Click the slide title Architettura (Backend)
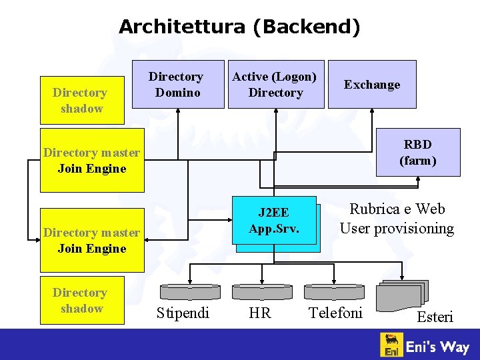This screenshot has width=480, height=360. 239,27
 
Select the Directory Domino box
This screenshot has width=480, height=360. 177,85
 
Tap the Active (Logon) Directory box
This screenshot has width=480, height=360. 275,85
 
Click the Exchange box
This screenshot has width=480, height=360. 372,85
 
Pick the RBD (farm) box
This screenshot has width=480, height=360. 417,152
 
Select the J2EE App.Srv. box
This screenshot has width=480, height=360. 274,221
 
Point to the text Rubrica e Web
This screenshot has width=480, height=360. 397,209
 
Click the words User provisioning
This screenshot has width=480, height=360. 397,229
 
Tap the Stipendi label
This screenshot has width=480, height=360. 183,313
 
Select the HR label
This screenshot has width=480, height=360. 260,313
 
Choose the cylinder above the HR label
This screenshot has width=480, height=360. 262,292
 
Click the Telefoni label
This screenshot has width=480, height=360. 335,313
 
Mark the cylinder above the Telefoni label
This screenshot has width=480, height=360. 334,292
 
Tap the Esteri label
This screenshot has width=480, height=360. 435,317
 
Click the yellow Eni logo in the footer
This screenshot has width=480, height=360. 392,345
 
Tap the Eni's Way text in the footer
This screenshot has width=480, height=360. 438,346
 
